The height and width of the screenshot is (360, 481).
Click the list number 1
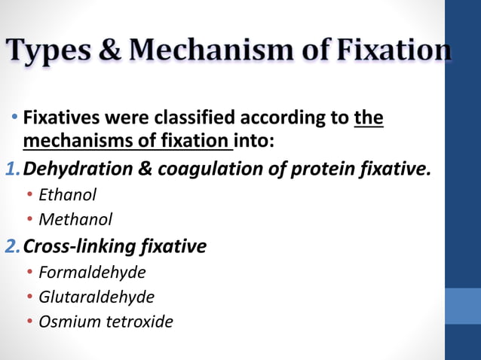[x=11, y=169]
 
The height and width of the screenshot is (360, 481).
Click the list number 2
[x=11, y=246]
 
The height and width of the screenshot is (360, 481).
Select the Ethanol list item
[x=67, y=194]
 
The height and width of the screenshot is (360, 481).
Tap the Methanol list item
[x=75, y=219]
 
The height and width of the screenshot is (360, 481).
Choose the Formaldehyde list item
[x=91, y=271]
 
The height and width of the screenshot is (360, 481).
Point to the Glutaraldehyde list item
[x=96, y=297]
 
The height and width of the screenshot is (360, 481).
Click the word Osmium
[x=66, y=322]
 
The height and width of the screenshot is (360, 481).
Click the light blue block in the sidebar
[x=462, y=306]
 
